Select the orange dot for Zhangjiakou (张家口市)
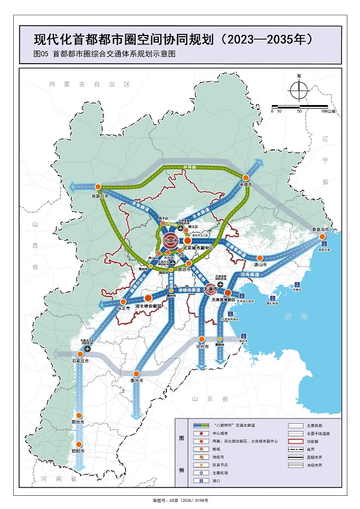[x=97, y=187]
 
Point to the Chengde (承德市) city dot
[x=244, y=176]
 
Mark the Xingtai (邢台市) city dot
[x=77, y=415]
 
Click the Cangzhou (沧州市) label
[x=202, y=347]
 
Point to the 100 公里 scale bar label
[x=328, y=111]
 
